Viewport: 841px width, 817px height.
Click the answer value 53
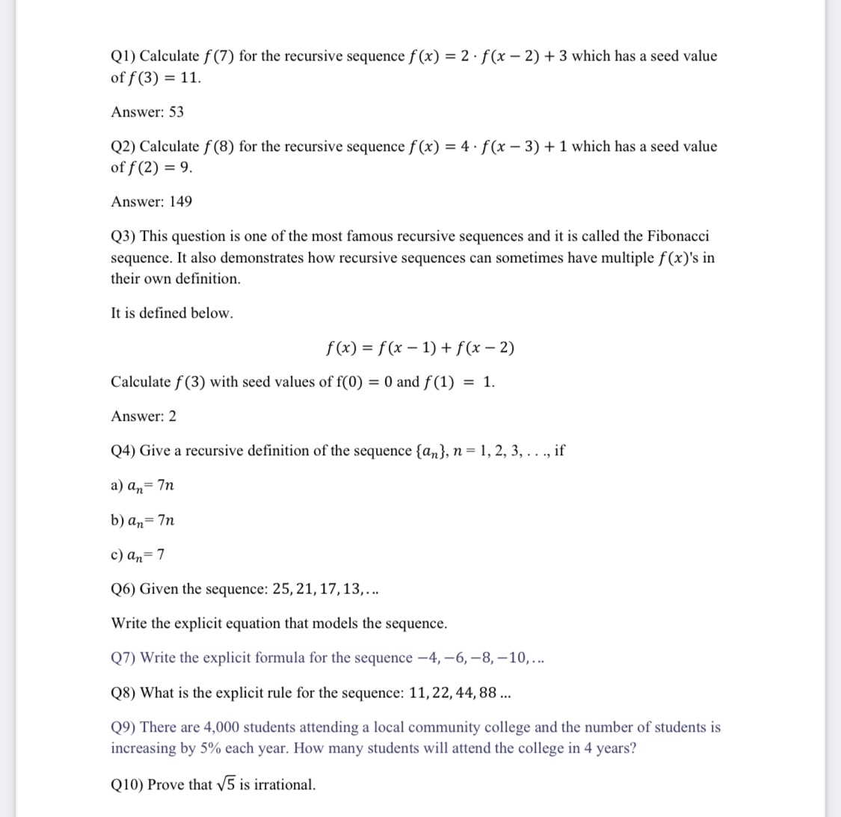pos(176,112)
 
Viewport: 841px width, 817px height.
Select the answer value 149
pos(181,202)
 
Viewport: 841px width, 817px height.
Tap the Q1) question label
pos(123,56)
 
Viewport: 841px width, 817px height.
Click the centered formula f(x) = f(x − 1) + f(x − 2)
pos(420,348)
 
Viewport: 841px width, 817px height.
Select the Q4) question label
pos(123,451)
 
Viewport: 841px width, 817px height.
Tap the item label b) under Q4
pos(117,520)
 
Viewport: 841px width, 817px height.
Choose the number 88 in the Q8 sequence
pos(488,693)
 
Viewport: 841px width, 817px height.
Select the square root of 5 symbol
pos(226,784)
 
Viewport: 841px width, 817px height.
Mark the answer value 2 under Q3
pos(173,416)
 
